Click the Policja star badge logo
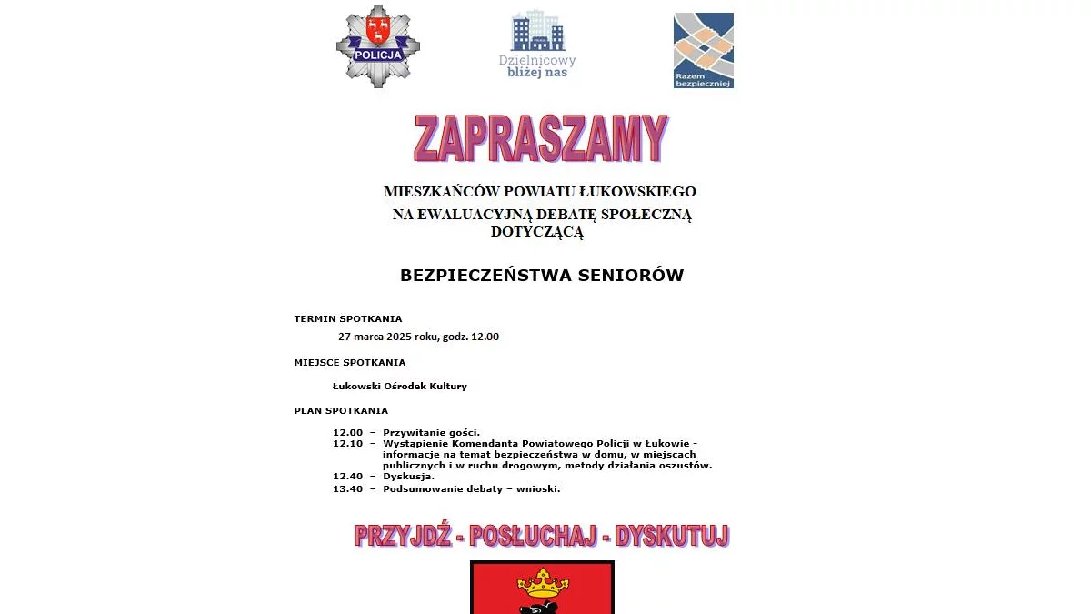[378, 46]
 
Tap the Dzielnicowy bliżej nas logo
[537, 45]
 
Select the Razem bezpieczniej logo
[703, 50]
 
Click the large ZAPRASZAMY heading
[541, 138]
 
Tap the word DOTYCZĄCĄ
[536, 232]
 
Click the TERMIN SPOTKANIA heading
[347, 319]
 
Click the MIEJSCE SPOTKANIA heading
[349, 362]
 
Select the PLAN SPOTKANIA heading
[341, 410]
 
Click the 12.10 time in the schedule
[347, 444]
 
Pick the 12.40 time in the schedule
[347, 477]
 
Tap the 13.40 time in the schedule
[347, 488]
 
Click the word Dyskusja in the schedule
[408, 477]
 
